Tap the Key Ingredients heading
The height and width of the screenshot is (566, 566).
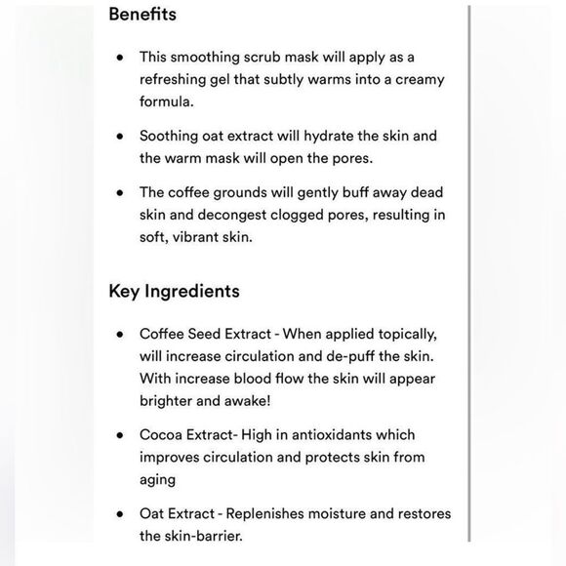pos(174,291)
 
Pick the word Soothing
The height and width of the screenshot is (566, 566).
pos(172,136)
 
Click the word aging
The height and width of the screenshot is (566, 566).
pos(157,479)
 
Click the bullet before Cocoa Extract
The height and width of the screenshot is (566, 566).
pos(119,435)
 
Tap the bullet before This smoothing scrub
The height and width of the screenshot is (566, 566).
pos(119,59)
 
